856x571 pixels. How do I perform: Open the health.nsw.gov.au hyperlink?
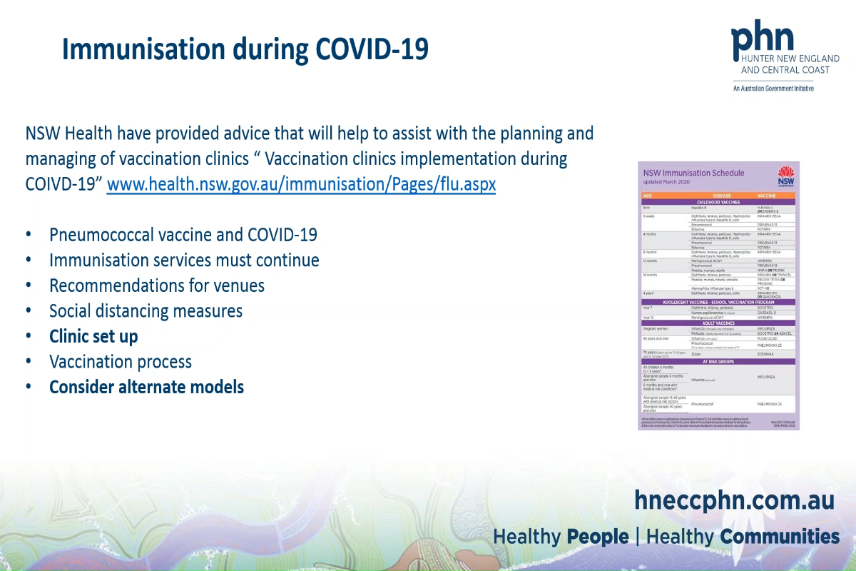(301, 184)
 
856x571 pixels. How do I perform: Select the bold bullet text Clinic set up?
(93, 336)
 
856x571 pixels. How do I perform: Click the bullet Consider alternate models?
(146, 388)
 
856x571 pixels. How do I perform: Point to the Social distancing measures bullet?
(146, 311)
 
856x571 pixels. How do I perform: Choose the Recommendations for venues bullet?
(157, 285)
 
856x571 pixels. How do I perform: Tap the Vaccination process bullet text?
(121, 362)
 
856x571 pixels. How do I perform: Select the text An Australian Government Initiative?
(773, 89)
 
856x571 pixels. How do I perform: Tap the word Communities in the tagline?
(779, 537)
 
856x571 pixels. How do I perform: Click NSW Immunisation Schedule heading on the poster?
(693, 173)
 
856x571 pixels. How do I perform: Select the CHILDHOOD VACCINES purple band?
(719, 201)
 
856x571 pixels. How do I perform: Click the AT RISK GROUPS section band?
(719, 360)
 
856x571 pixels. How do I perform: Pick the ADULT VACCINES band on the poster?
(719, 323)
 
